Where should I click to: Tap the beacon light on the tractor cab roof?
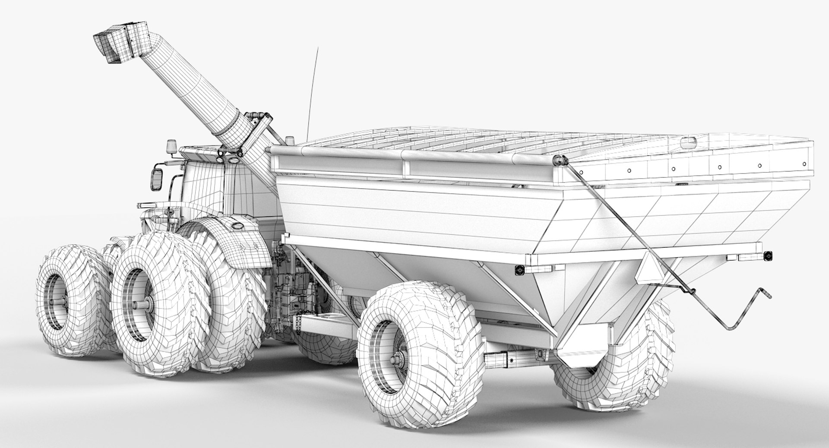pos(172,147)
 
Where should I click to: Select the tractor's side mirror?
pos(157,179)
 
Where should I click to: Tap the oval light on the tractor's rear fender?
pos(237,224)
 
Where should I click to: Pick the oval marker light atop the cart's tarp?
pos(687,141)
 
